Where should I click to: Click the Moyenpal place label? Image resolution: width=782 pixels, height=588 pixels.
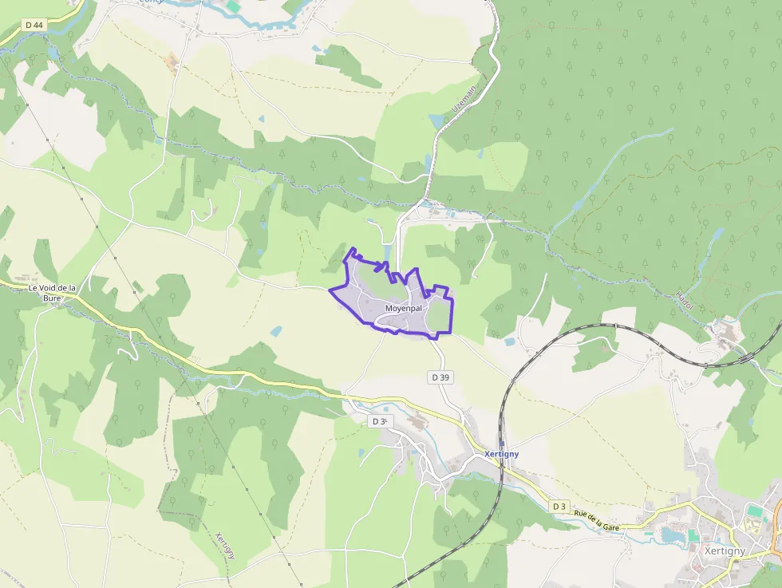click(x=403, y=307)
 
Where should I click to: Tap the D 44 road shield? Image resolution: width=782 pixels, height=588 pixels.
click(x=34, y=26)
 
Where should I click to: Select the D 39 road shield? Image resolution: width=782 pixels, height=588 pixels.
click(x=440, y=377)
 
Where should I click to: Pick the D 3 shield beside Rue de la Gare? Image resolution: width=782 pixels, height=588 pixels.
click(x=559, y=506)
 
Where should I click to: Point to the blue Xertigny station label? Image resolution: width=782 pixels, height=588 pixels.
click(x=502, y=454)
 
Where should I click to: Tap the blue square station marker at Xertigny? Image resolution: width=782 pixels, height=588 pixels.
click(x=501, y=444)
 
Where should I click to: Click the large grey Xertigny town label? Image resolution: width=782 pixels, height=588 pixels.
click(x=725, y=551)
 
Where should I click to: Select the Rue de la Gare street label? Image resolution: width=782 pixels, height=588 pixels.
click(x=598, y=520)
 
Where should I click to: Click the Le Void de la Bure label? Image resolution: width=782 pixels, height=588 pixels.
click(x=52, y=292)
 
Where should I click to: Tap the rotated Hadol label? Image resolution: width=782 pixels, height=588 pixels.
click(x=684, y=299)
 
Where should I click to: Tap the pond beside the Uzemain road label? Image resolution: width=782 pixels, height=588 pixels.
click(x=436, y=121)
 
